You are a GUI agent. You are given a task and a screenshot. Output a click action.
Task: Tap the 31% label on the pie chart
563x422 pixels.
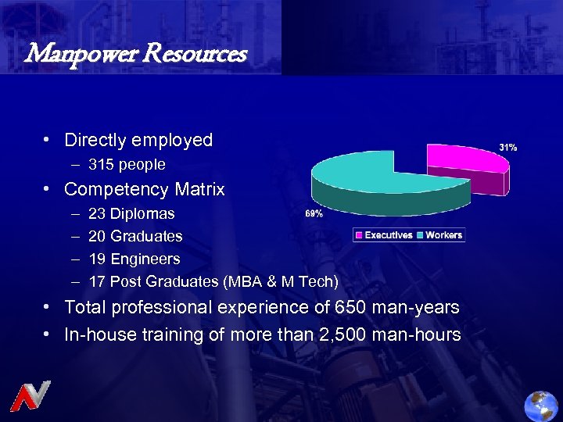[507, 147]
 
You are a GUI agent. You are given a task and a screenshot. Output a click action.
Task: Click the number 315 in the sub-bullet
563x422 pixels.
[101, 165]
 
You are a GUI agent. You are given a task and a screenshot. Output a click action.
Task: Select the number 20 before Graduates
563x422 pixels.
[98, 236]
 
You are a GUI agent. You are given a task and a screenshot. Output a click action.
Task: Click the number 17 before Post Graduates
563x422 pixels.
[98, 281]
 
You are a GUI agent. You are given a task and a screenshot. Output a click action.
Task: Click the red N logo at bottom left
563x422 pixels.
[30, 395]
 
